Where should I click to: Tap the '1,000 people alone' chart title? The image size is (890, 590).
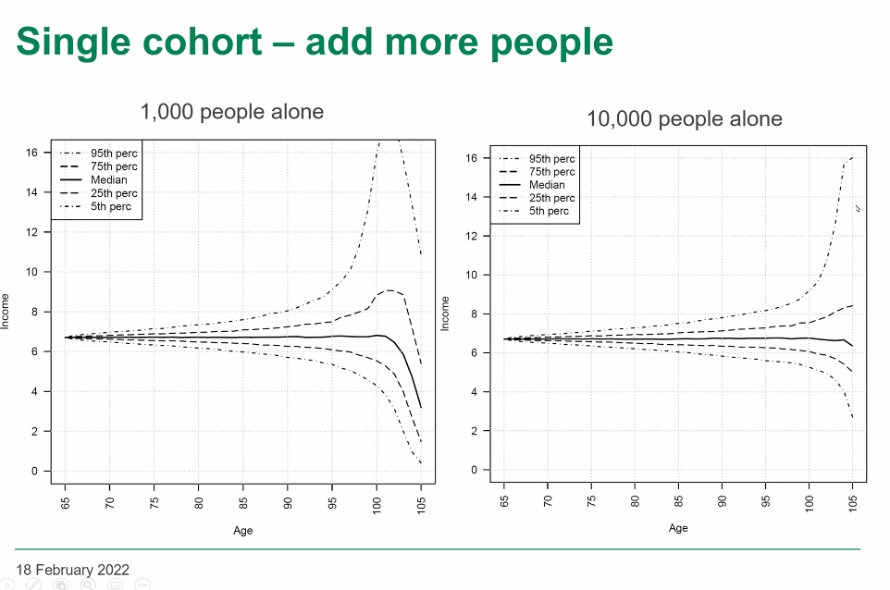(231, 112)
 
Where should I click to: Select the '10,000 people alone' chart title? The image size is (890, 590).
(684, 119)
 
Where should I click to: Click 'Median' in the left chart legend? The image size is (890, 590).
(109, 179)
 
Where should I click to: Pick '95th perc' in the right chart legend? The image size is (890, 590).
(551, 159)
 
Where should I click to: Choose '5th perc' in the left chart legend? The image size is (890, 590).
(111, 206)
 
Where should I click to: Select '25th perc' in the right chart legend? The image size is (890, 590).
(551, 198)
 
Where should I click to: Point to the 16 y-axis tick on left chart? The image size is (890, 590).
(31, 153)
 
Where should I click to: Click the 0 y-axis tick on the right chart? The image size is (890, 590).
(474, 470)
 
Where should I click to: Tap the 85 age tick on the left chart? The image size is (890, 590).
(243, 503)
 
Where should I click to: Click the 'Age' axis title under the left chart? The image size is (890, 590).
(243, 531)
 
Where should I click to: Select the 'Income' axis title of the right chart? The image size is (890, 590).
(445, 313)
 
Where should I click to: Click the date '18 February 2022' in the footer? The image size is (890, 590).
(73, 570)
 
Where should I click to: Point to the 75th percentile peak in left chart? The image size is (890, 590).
(389, 290)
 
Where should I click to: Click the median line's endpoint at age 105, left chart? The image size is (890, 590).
(421, 407)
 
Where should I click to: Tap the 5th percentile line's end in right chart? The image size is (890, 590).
(853, 418)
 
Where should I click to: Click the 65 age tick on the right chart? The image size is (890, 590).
(503, 501)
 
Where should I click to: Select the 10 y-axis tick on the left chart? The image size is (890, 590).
(31, 272)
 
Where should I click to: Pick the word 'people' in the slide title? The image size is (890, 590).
(551, 43)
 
